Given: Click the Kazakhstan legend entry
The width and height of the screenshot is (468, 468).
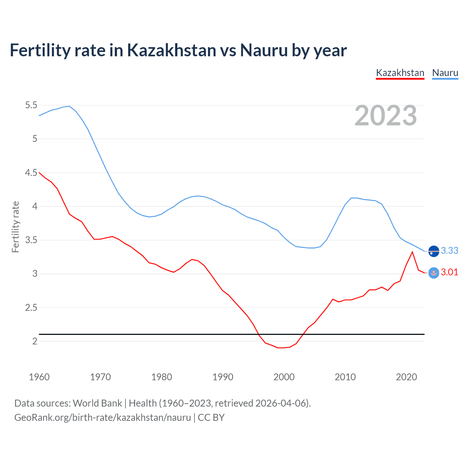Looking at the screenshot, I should click(x=400, y=73).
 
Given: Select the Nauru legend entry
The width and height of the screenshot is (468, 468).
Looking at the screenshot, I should click(x=445, y=73).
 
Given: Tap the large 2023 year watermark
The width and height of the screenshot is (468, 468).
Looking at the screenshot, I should click(x=386, y=116).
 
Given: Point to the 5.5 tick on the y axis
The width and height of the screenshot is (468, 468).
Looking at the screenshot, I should click(x=31, y=105).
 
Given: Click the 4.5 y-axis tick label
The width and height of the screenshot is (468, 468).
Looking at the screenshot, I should click(x=31, y=173).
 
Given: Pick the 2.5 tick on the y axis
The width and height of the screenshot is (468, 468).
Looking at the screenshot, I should click(x=31, y=307).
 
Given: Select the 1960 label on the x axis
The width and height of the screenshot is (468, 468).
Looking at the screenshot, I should click(x=39, y=377).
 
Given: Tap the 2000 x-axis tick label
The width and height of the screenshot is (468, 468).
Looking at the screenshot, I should click(x=284, y=377).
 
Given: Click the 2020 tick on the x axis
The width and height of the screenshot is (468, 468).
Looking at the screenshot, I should click(x=406, y=377).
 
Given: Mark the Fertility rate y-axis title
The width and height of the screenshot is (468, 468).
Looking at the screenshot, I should click(x=15, y=227).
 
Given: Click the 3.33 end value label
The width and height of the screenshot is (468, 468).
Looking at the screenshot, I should click(x=449, y=250).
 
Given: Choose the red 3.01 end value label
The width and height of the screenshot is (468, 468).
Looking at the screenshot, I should click(x=449, y=272).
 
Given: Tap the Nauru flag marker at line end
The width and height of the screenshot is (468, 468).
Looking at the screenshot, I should click(x=434, y=251).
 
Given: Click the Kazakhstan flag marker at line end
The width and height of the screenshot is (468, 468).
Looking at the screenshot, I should click(x=434, y=273).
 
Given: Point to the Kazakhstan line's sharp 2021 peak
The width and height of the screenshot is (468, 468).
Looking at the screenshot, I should click(x=412, y=252).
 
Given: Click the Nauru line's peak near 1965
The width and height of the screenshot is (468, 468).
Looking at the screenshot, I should click(x=69, y=106).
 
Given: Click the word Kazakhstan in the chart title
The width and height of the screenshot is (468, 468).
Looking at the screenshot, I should click(x=171, y=50).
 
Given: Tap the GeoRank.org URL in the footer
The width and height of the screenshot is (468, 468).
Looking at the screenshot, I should click(x=102, y=418).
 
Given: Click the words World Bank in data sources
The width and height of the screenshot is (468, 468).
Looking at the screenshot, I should click(x=97, y=403).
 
